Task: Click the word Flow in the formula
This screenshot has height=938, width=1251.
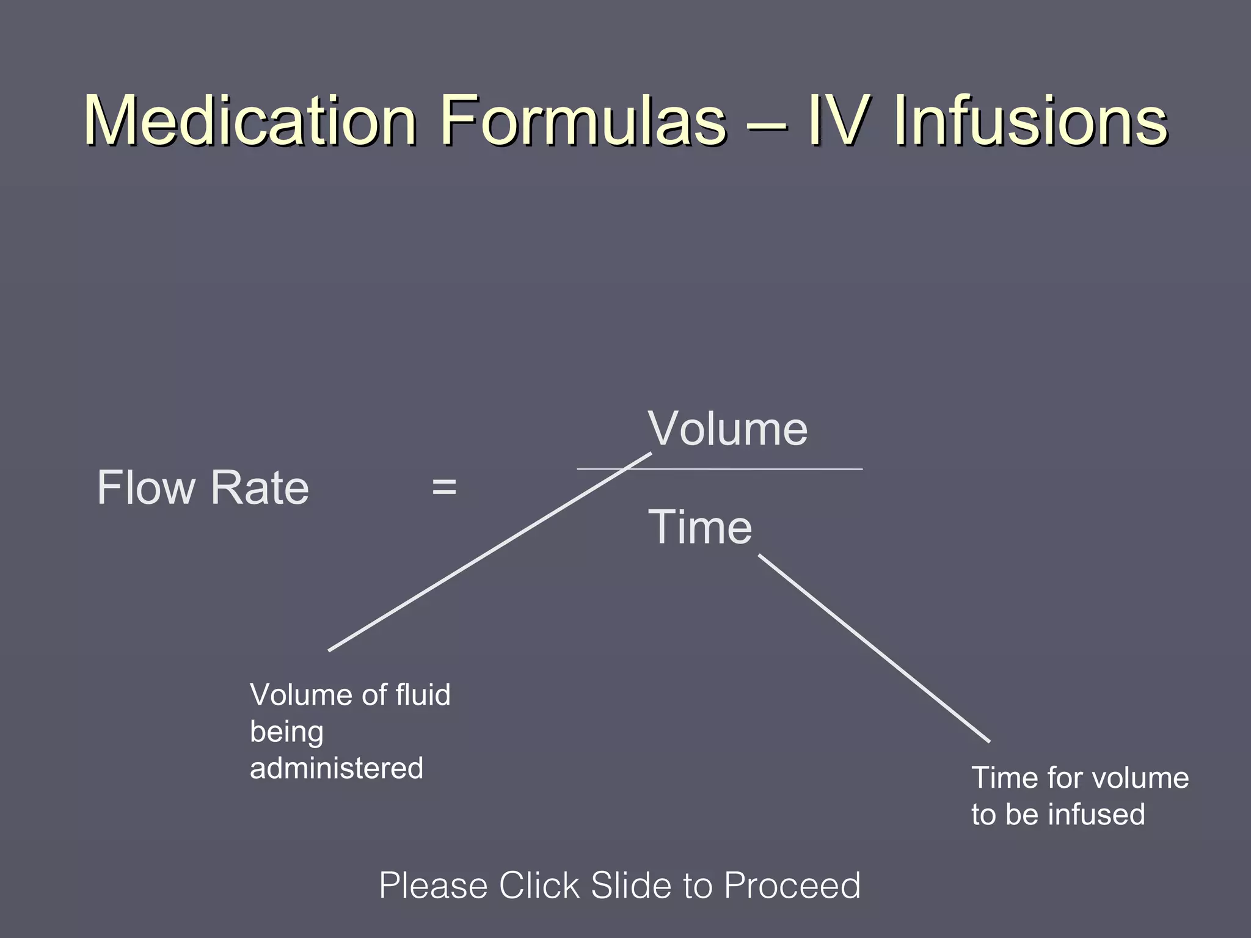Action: coord(146,488)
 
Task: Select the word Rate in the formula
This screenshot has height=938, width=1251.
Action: coord(260,488)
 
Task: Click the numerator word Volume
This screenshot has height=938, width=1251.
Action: coord(728,429)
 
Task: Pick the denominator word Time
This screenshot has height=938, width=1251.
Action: coord(700,527)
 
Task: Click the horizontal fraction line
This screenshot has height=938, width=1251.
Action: coord(764,469)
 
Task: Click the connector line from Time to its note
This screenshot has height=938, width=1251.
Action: coord(874,648)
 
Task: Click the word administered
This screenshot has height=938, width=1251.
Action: coord(337,768)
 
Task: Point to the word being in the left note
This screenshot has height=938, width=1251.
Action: coord(286,732)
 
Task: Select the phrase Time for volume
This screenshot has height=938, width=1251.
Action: coord(1080,778)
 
